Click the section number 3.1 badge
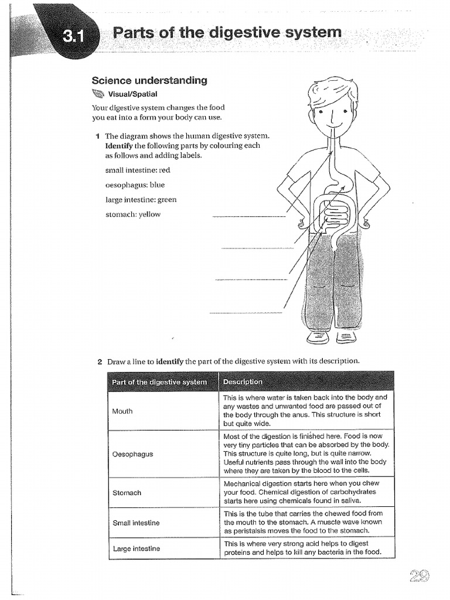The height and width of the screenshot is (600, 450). [75, 36]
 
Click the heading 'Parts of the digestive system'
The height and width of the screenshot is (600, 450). [227, 32]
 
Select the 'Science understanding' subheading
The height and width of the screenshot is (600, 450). [149, 80]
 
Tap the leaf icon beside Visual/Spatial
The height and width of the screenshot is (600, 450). [98, 94]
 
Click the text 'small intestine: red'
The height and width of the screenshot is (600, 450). [138, 170]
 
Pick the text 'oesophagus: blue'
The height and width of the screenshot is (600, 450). [135, 185]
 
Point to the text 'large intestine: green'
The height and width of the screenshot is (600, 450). [141, 199]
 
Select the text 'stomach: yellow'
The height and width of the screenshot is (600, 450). [132, 214]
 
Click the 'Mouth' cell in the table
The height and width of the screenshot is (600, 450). [122, 411]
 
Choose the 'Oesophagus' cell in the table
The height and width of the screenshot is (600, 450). [132, 454]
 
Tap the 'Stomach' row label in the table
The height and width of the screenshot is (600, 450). [127, 493]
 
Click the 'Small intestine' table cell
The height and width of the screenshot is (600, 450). [136, 522]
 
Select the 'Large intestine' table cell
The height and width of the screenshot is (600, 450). [136, 548]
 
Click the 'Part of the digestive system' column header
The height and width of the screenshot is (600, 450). [159, 382]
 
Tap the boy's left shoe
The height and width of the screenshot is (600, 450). [346, 337]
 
